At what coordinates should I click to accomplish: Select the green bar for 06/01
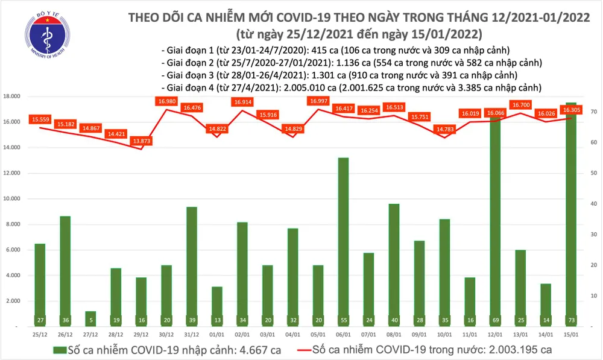[343, 241]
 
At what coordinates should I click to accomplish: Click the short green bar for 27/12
[89, 319]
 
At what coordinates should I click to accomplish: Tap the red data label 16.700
[520, 104]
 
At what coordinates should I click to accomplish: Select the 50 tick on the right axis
[594, 173]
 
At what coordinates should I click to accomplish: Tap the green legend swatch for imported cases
[60, 349]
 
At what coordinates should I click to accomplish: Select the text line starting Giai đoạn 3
[339, 75]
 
